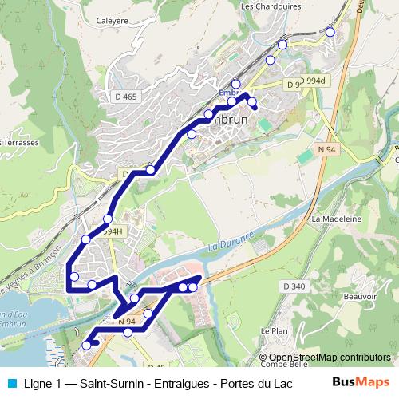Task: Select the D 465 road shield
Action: pyautogui.click(x=126, y=97)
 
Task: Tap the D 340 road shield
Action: pyautogui.click(x=294, y=286)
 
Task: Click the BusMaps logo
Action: pyautogui.click(x=361, y=382)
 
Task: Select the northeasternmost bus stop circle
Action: pyautogui.click(x=330, y=32)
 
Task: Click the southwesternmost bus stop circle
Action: pyautogui.click(x=86, y=346)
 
